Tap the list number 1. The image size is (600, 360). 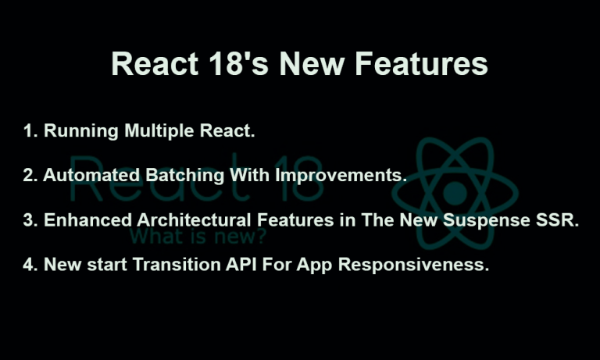[30, 131]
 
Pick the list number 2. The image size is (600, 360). [30, 176]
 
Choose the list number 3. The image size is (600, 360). [30, 220]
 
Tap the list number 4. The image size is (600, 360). [30, 265]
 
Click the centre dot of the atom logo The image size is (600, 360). [454, 192]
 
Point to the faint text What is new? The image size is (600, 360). [198, 235]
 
